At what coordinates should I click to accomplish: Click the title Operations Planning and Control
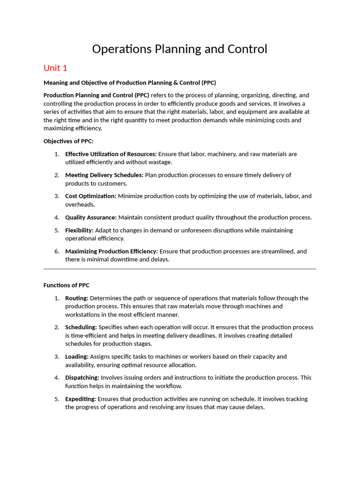180,49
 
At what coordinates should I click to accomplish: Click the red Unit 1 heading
55,68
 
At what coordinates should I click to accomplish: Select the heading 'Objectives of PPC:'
68,141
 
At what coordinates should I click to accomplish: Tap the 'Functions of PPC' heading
66,285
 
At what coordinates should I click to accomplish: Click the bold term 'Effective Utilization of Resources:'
111,154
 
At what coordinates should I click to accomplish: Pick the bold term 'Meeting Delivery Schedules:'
104,175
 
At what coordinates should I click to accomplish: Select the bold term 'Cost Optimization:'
90,196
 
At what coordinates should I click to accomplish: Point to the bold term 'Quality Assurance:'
91,217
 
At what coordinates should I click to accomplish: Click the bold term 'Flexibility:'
79,230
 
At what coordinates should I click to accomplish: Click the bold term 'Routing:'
77,298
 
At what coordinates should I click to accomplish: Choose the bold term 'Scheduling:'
81,327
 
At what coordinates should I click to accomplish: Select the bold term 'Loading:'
77,357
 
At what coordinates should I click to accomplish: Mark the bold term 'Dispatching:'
82,377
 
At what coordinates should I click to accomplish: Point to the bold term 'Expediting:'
81,399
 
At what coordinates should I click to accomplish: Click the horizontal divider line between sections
180,269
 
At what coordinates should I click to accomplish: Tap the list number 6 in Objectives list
56,251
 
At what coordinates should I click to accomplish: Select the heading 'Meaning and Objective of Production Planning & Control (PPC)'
129,82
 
